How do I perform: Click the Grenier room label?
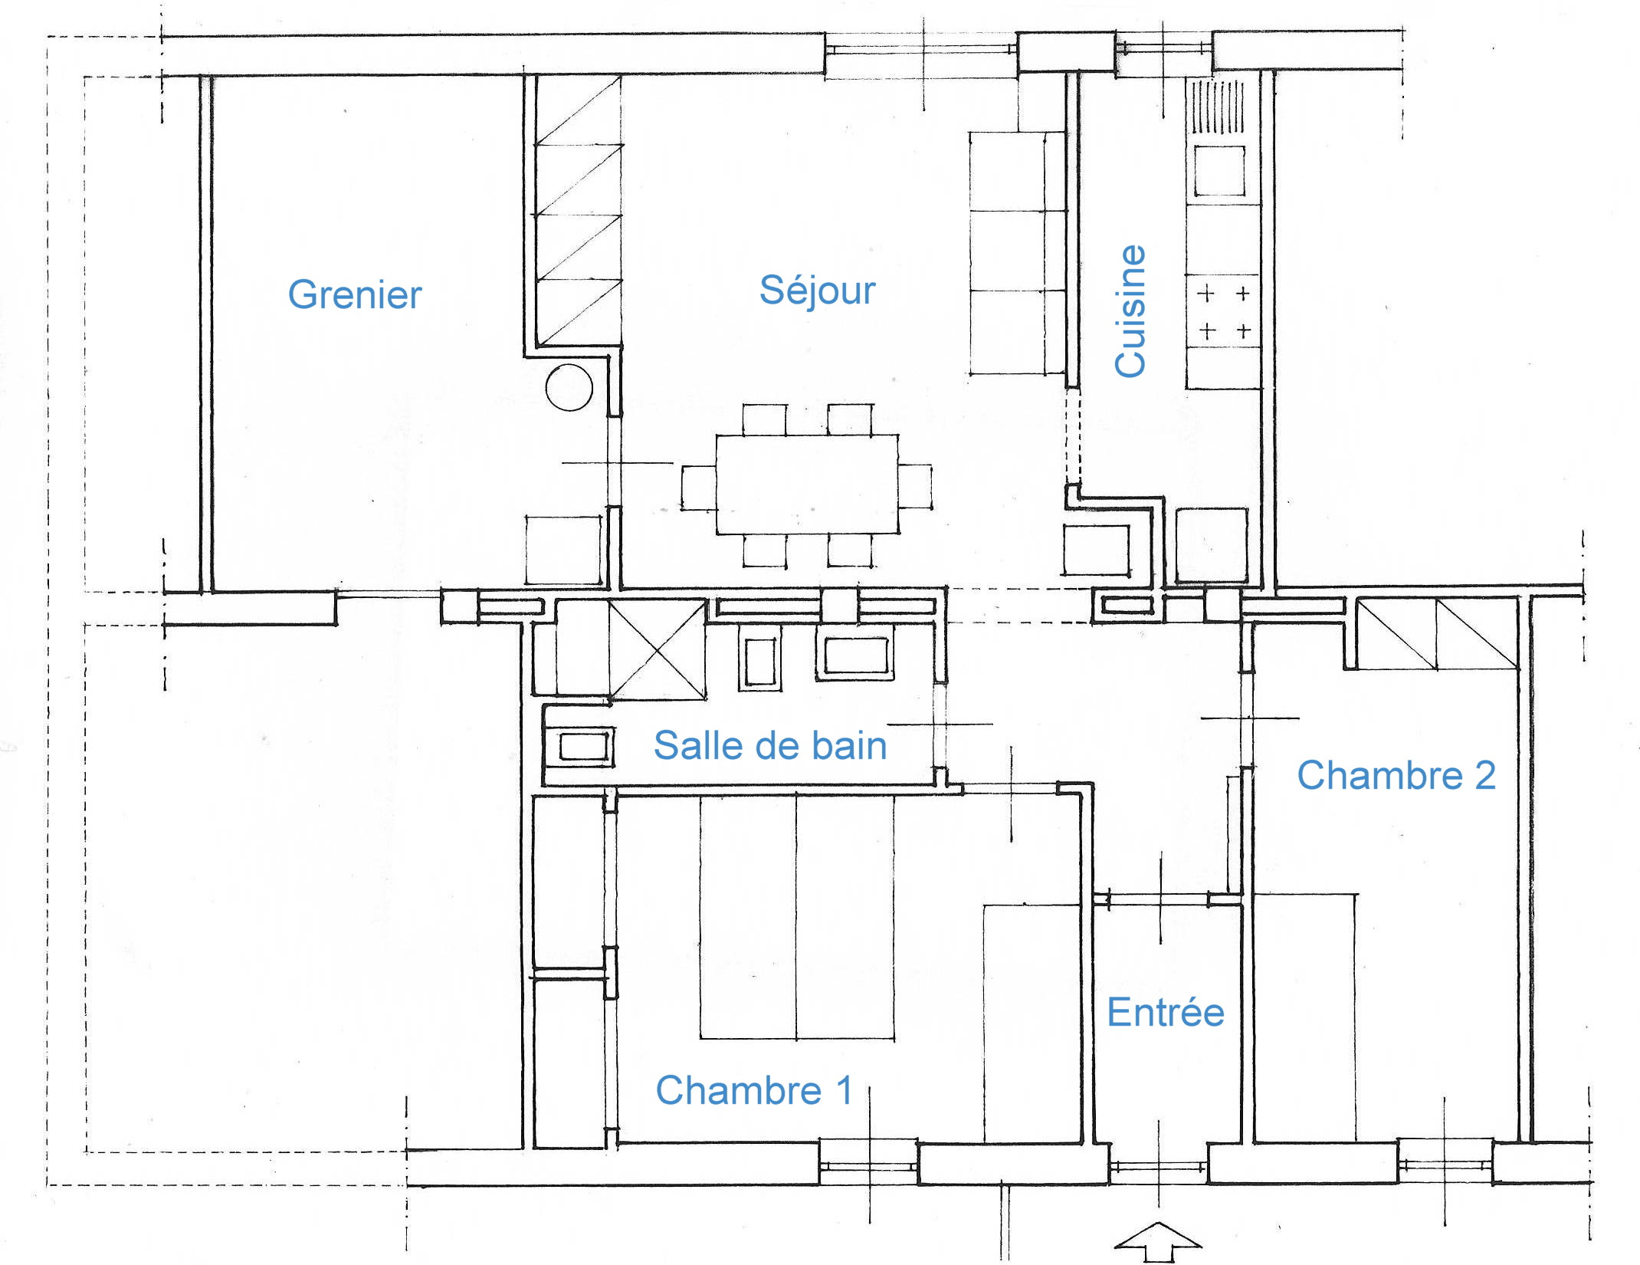[x=355, y=295]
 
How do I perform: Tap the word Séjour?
[x=817, y=290]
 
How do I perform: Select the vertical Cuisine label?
[x=1130, y=311]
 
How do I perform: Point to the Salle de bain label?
[x=770, y=745]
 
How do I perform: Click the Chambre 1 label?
[x=754, y=1090]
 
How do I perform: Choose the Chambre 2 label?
[x=1396, y=775]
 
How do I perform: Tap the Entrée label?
[x=1166, y=1012]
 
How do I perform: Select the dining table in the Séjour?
[x=808, y=485]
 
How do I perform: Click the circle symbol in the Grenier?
[x=569, y=388]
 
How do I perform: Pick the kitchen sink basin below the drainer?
[x=1219, y=170]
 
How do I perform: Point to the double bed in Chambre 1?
[x=797, y=917]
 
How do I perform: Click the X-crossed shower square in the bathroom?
[x=658, y=650]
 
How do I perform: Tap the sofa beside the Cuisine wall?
[x=1018, y=254]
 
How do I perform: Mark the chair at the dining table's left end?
[x=699, y=487]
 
